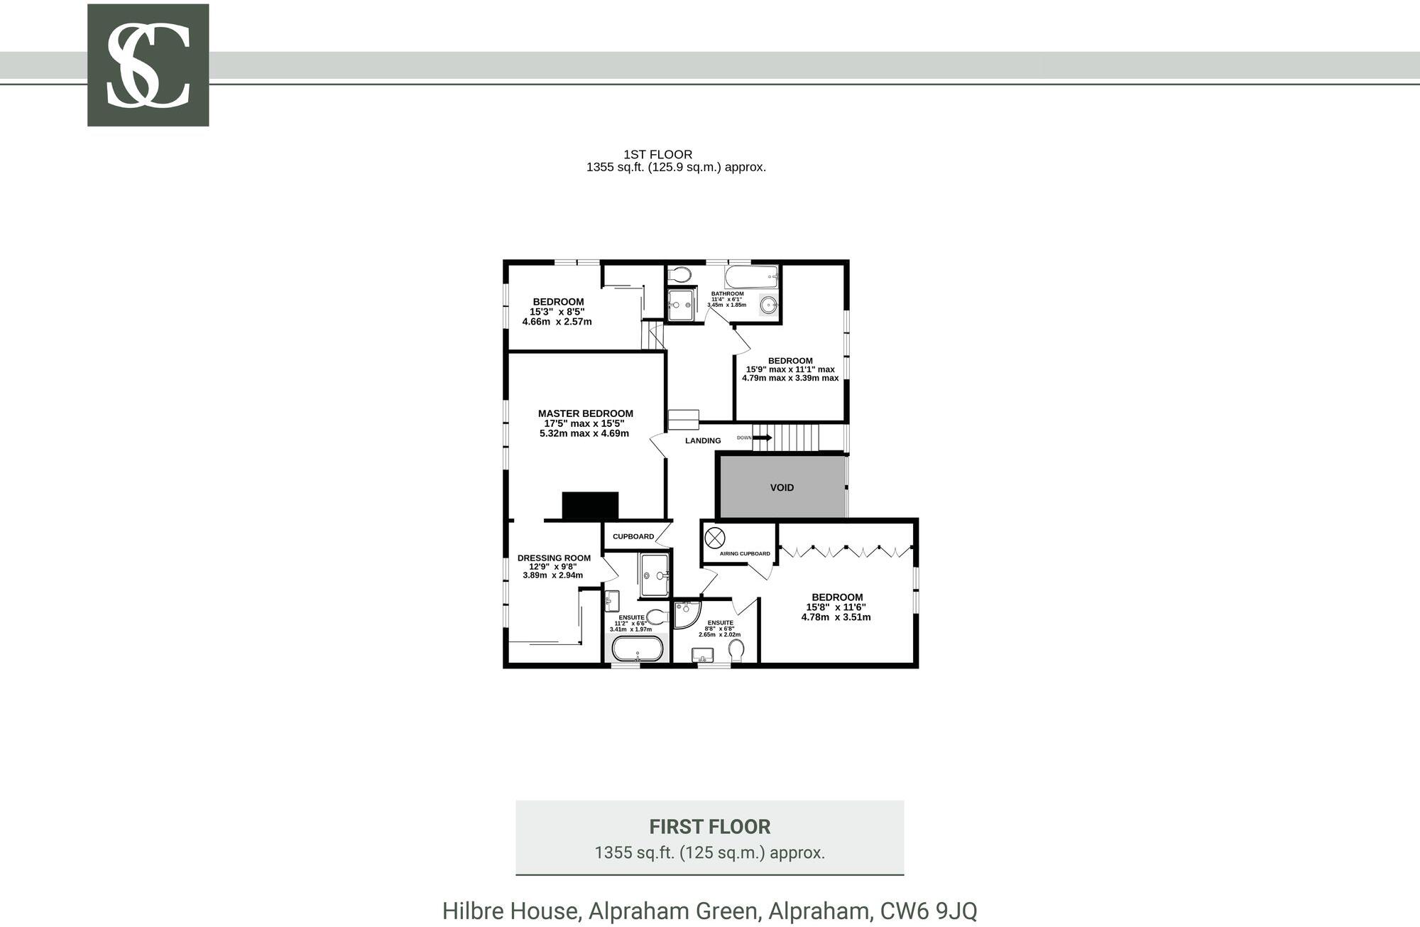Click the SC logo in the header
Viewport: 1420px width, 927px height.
tap(148, 65)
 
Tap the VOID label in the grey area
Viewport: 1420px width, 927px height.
tap(782, 488)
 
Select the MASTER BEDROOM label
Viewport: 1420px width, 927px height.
tap(585, 413)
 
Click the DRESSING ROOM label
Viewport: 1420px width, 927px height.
tap(554, 558)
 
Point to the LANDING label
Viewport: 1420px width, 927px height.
tap(703, 441)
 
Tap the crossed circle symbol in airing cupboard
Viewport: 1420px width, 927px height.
tap(714, 537)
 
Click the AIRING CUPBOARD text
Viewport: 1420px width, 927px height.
tap(745, 554)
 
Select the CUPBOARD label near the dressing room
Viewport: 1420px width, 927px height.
tap(633, 537)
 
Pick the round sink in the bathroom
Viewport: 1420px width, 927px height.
tap(768, 306)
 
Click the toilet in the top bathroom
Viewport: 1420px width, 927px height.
tap(679, 274)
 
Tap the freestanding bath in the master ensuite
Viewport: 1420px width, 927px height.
tap(638, 649)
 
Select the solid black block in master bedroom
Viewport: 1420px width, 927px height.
tap(590, 505)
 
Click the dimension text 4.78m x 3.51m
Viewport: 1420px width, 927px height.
tap(836, 617)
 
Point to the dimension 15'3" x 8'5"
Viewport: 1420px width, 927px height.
tap(557, 312)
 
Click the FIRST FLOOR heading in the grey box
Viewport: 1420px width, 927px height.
tap(709, 827)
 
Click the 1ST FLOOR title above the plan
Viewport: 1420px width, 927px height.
tap(657, 154)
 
